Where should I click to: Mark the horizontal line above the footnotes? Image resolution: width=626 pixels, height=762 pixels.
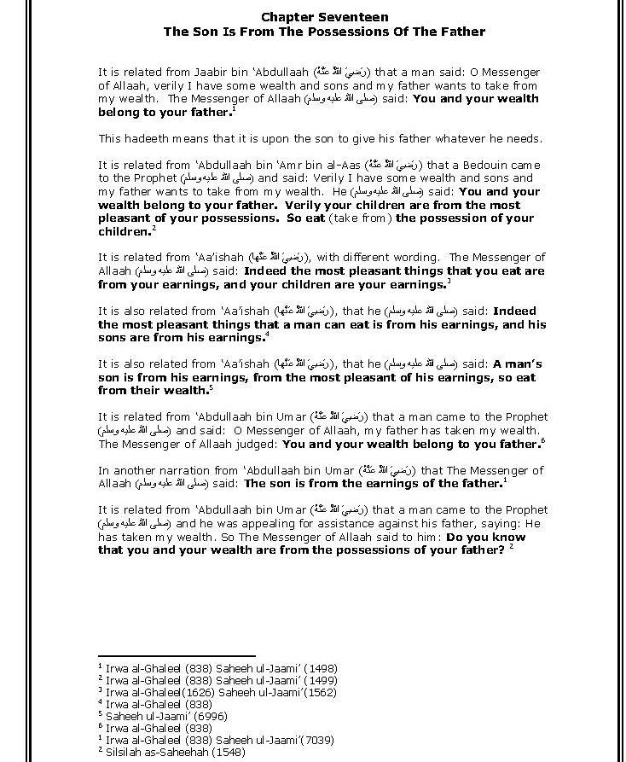[177, 655]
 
